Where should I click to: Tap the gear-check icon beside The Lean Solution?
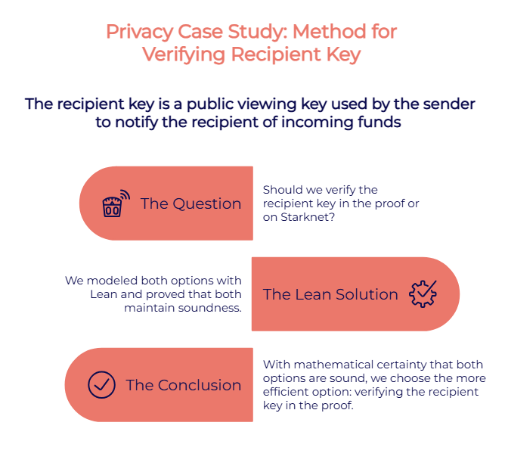tap(423, 294)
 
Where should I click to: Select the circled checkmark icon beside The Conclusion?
tap(101, 384)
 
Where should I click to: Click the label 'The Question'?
tap(190, 204)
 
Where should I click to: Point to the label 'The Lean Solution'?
tap(330, 295)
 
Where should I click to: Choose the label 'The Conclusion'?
tap(184, 385)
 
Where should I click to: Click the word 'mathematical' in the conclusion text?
tap(329, 365)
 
